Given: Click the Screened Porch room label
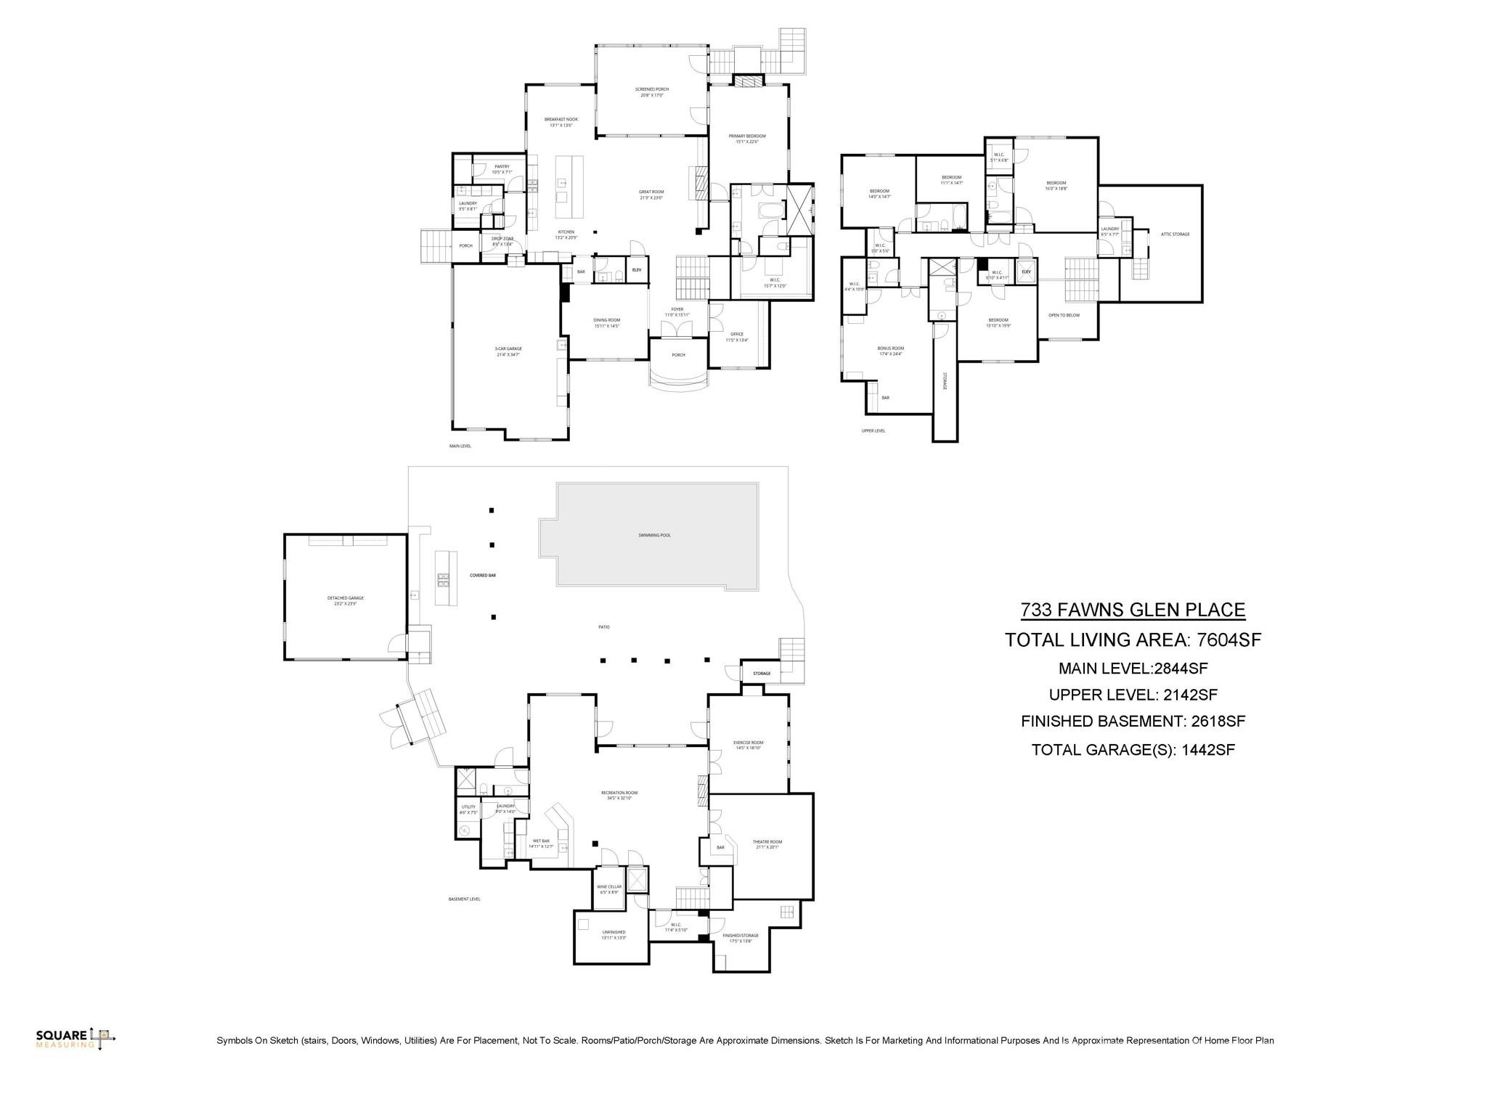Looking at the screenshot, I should click(651, 89).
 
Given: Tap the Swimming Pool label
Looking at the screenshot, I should click(654, 535).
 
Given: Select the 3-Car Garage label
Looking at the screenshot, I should click(508, 349).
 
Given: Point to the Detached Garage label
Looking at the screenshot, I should click(345, 598).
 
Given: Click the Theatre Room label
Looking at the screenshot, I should click(767, 842).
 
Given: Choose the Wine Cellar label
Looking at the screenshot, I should click(608, 887).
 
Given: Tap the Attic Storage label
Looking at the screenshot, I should click(1175, 234).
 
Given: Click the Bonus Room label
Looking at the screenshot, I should click(890, 348).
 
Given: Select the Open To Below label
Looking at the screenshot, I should click(1064, 315).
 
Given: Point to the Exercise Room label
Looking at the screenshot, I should click(748, 743).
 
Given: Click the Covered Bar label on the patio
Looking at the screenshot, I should click(483, 575).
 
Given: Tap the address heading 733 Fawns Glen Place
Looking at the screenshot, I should click(1133, 610).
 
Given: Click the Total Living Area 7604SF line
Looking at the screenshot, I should click(1133, 640).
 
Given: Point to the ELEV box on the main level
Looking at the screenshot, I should click(637, 270).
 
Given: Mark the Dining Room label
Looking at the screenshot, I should click(606, 320).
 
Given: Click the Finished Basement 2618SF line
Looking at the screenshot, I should click(1133, 722).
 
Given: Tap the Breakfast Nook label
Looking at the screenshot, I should click(561, 120).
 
